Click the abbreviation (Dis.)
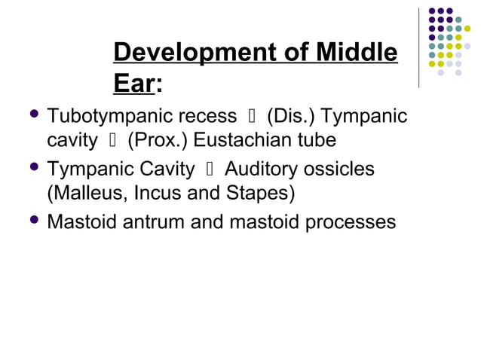[291, 118]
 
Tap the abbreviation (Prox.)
[158, 141]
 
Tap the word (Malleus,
[86, 192]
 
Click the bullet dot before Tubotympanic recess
[32, 116]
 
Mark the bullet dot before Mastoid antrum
[32, 221]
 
